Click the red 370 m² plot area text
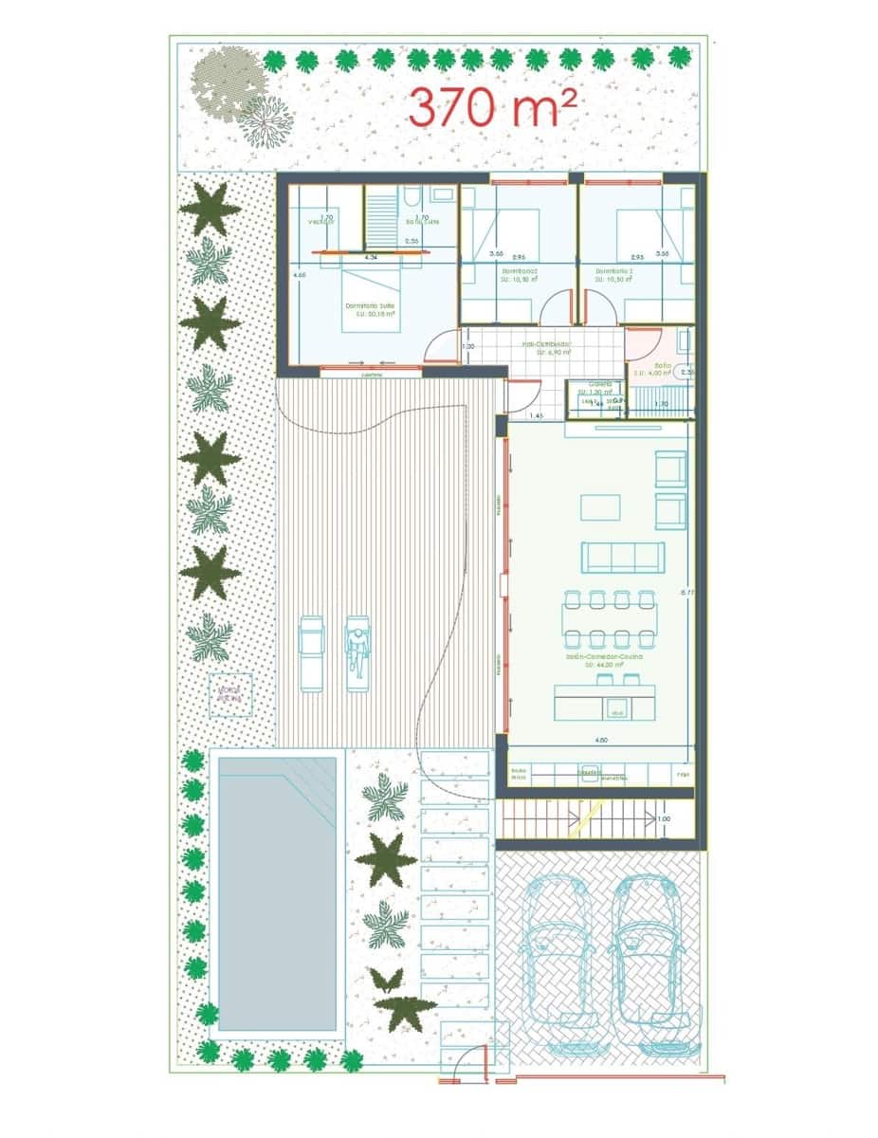pyautogui.click(x=493, y=107)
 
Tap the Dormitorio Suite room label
pyautogui.click(x=369, y=307)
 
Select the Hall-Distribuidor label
pyautogui.click(x=547, y=346)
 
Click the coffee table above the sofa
pyautogui.click(x=599, y=507)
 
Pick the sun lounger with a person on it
pyautogui.click(x=357, y=652)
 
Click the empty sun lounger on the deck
pyautogui.click(x=312, y=652)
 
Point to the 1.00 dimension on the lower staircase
pyautogui.click(x=663, y=818)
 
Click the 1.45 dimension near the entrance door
pyautogui.click(x=536, y=415)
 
